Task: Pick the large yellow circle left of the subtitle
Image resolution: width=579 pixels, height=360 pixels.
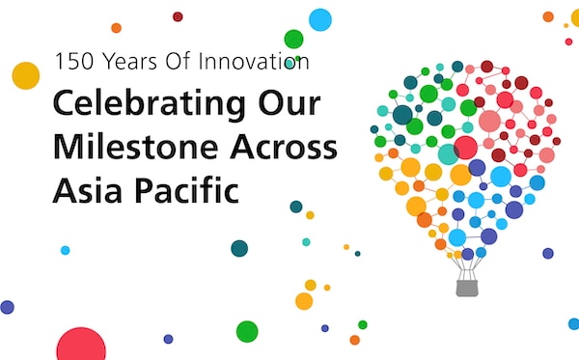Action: click(25, 75)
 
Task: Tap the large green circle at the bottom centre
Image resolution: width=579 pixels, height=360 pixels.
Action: click(247, 331)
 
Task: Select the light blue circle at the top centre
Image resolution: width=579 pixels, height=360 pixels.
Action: click(319, 19)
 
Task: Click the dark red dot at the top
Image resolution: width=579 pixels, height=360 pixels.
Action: click(178, 16)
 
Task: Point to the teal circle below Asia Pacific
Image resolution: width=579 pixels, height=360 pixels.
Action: click(239, 248)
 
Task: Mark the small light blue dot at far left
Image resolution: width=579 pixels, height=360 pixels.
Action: click(65, 250)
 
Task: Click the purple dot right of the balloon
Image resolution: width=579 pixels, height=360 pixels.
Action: click(548, 253)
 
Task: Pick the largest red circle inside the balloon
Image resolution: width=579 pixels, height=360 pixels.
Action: click(466, 148)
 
